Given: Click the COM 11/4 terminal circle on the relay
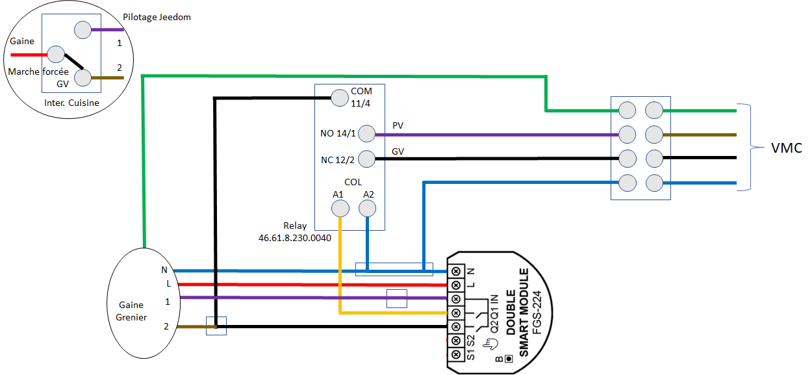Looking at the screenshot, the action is point(340,97).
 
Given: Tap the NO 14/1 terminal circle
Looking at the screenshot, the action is point(366,133).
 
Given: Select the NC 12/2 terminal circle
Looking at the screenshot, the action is point(366,159).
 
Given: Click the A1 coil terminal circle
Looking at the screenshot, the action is point(340,209).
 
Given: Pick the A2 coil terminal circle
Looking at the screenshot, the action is point(367,209).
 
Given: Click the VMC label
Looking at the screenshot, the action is point(786,148).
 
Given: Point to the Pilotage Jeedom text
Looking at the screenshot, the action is point(157,17).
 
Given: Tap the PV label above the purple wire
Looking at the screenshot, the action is point(398,125).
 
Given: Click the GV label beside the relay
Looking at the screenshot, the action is point(398,151).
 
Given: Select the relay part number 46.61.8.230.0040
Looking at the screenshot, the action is point(295,238).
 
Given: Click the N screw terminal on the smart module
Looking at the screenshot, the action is point(456,271).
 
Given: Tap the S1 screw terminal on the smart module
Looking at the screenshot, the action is point(456,354).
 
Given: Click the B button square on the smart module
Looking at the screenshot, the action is point(509,359).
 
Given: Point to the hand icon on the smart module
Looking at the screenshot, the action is point(490,344).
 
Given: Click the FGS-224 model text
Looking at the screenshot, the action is point(537,312).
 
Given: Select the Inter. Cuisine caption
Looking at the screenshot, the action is point(71,103).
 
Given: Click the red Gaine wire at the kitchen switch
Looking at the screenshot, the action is point(29,55).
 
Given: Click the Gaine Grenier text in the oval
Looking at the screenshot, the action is point(131,311).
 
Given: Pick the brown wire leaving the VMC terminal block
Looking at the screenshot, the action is point(700,135).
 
